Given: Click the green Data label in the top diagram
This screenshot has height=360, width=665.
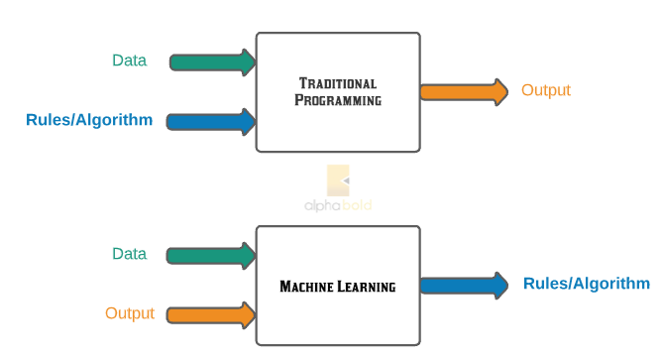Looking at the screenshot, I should [x=129, y=60].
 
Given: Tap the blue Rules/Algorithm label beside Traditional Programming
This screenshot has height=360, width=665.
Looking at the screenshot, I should [x=89, y=120].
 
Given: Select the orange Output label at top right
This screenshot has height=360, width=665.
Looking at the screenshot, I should [x=546, y=90].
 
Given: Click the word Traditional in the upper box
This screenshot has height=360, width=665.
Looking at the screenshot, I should [x=338, y=82].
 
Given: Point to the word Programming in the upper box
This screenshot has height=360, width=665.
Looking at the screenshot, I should [x=338, y=100].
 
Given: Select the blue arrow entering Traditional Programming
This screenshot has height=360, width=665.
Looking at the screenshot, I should [x=211, y=122].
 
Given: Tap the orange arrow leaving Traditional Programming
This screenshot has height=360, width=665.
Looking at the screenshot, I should [x=463, y=92].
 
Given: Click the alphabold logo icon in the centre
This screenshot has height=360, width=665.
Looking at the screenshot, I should [x=338, y=180].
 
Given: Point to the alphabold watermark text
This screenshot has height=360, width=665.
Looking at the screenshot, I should [x=338, y=206].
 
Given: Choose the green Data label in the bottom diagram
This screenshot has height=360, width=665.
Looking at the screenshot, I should [x=129, y=254].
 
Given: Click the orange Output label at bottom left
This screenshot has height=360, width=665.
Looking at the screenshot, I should [x=130, y=313].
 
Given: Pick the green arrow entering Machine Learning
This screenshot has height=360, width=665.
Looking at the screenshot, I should [x=210, y=255].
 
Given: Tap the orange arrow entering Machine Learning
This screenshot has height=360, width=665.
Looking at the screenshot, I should [x=211, y=315].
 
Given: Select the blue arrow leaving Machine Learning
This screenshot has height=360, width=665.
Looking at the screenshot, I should [x=463, y=286].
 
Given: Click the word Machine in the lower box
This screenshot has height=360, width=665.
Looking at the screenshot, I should [x=309, y=287].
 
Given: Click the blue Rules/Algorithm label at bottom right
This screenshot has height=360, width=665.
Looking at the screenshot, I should [x=587, y=284].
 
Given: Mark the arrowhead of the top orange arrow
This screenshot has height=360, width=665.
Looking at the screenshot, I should [x=498, y=92].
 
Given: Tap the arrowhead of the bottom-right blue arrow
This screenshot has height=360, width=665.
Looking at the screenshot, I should [x=498, y=286].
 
